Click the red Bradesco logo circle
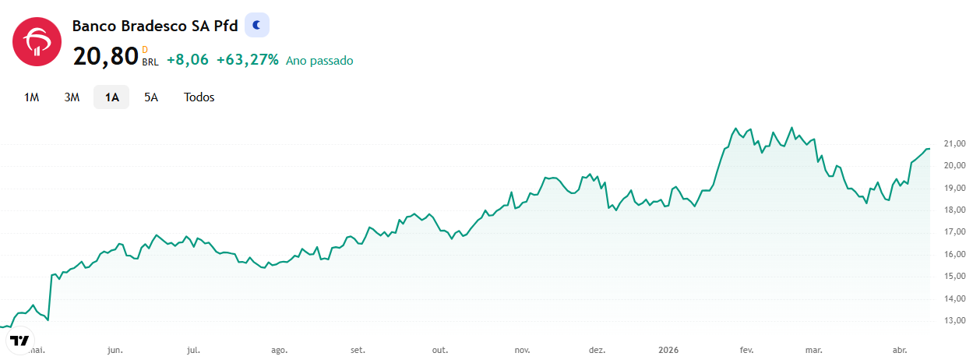pyautogui.click(x=37, y=42)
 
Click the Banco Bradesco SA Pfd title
pyautogui.click(x=155, y=26)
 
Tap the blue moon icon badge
pyautogui.click(x=257, y=25)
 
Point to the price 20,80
pyautogui.click(x=105, y=57)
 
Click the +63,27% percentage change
pyautogui.click(x=248, y=59)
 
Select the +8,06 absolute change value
pyautogui.click(x=188, y=59)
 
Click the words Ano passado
pyautogui.click(x=319, y=60)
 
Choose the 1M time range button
pyautogui.click(x=31, y=97)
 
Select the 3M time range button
pyautogui.click(x=72, y=97)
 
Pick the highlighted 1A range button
pyautogui.click(x=111, y=97)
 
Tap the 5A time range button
pyautogui.click(x=151, y=97)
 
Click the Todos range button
pyautogui.click(x=199, y=97)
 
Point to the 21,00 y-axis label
pyautogui.click(x=955, y=143)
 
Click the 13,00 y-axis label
pyautogui.click(x=955, y=320)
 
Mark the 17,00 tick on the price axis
pyautogui.click(x=955, y=232)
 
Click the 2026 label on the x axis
pyautogui.click(x=668, y=350)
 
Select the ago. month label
pyautogui.click(x=280, y=351)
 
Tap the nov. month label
pyautogui.click(x=522, y=350)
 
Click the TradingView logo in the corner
pyautogui.click(x=19, y=341)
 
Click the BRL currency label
pyautogui.click(x=150, y=62)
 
